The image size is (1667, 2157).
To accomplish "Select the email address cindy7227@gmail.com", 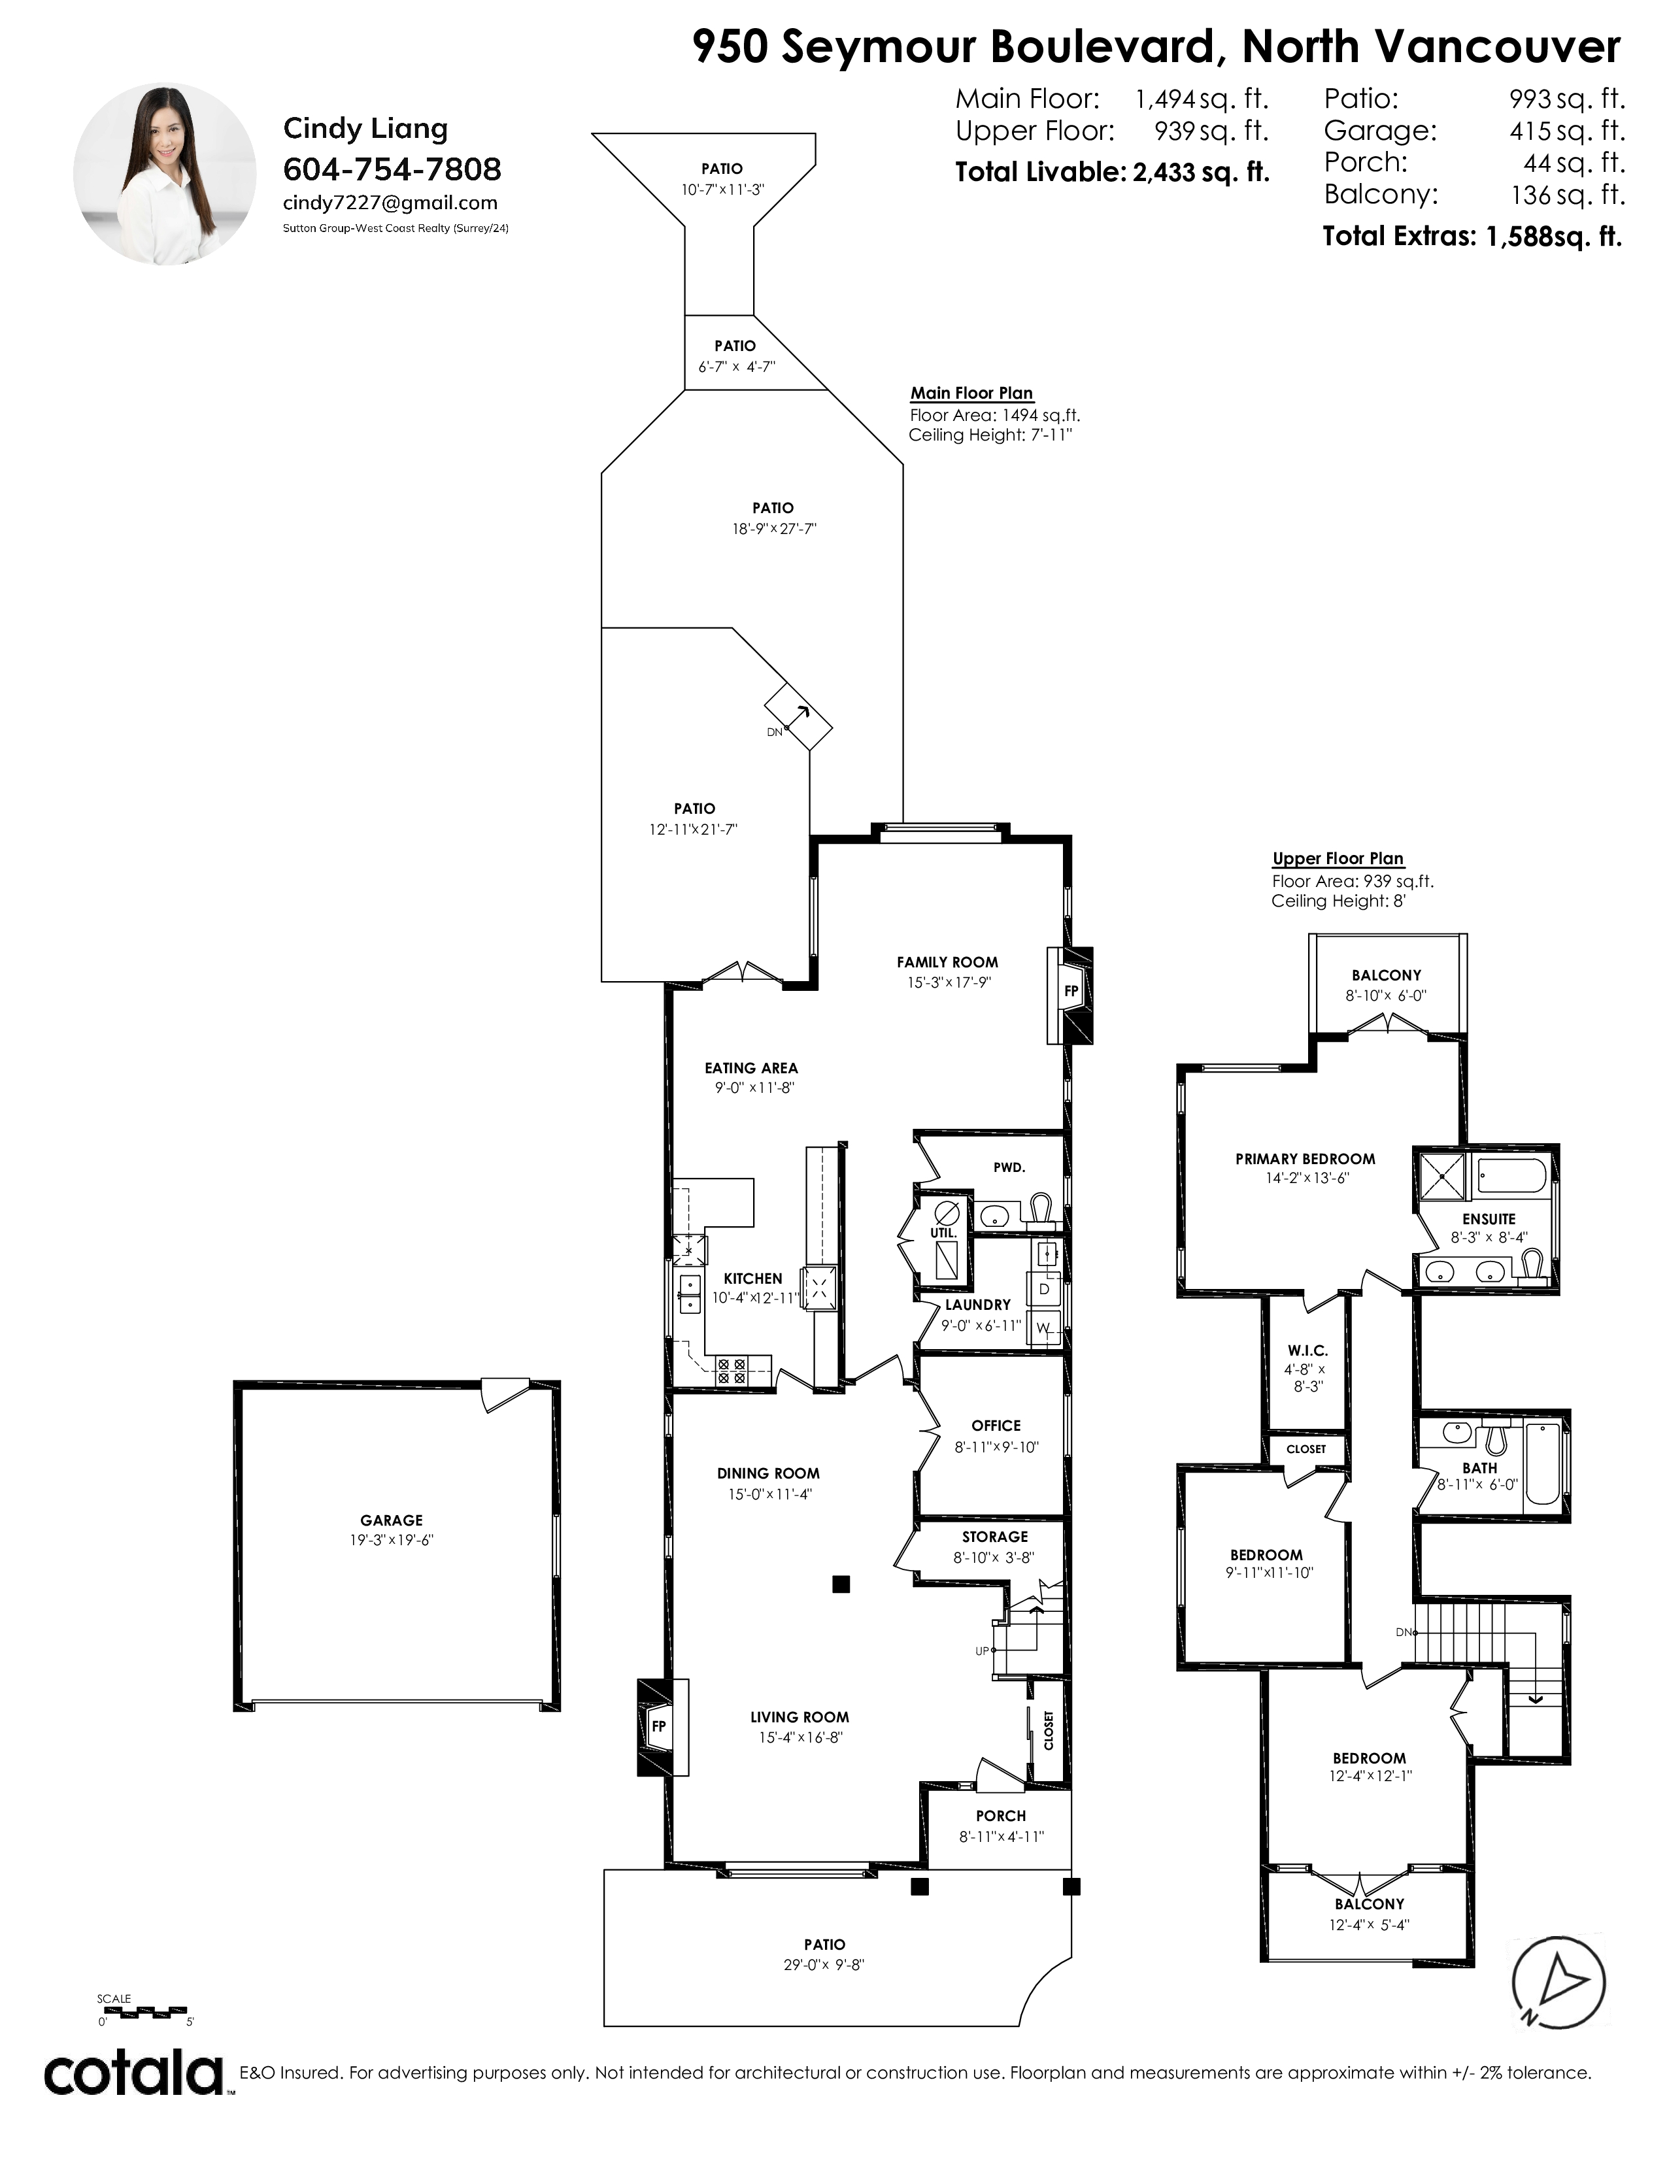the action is click(x=390, y=203).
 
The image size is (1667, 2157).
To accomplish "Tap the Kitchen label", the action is click(x=752, y=1278).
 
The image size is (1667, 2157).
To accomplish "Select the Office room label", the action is click(x=996, y=1425).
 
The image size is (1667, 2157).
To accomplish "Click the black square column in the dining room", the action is click(x=841, y=1584).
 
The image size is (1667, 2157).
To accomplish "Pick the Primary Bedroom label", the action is click(x=1305, y=1158).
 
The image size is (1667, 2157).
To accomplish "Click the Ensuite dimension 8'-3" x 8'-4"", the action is click(x=1489, y=1237).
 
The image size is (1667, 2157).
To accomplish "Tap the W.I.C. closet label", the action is click(x=1307, y=1350).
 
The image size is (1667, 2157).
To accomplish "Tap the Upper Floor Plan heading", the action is click(x=1337, y=858).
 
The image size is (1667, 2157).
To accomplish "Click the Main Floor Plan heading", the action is click(x=971, y=392).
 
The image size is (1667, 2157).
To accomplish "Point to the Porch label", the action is click(x=1000, y=1815).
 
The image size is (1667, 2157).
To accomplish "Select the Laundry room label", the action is click(x=978, y=1305).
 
